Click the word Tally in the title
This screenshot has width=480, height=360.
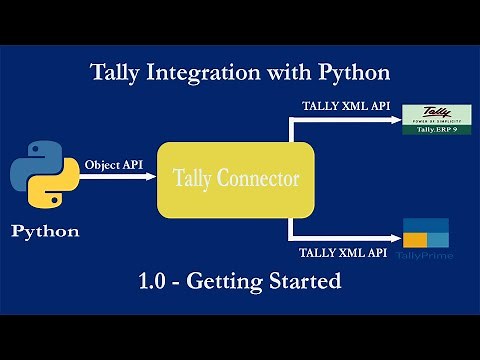coord(115,73)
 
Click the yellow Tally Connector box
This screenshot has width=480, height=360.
coord(236,180)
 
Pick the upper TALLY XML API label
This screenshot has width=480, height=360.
coord(345,106)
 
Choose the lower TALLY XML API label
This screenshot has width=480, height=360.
coord(345,253)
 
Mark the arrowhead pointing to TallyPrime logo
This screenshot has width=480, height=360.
coord(393,241)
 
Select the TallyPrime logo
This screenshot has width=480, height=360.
coord(427,241)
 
